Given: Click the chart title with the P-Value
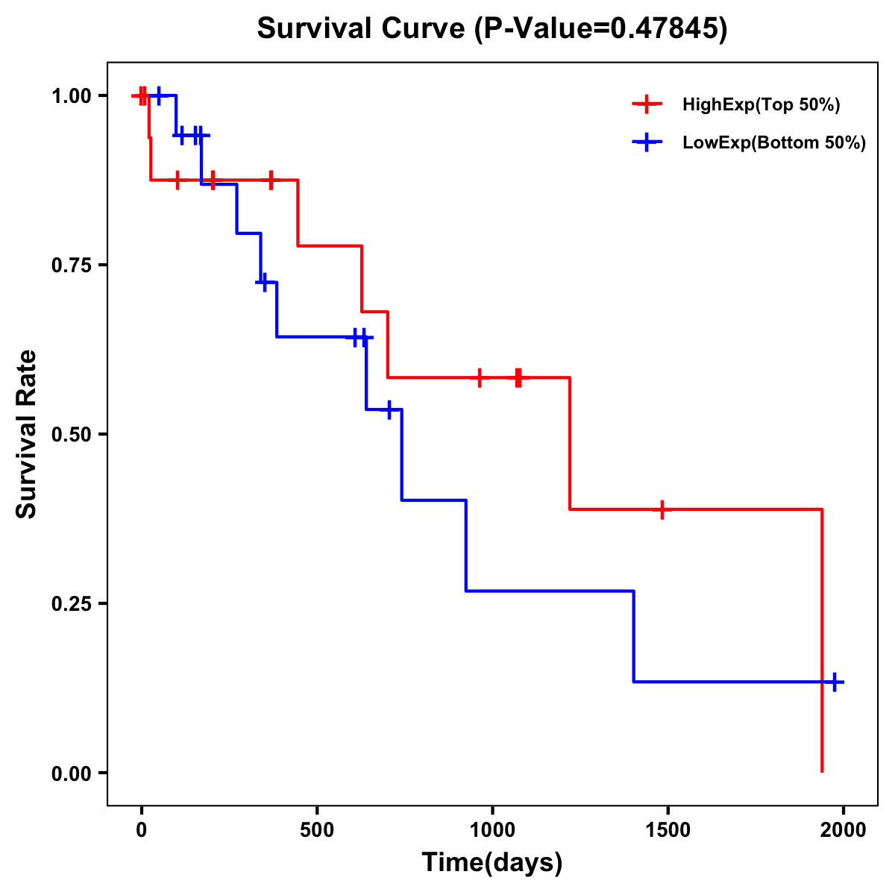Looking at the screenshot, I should tap(492, 28).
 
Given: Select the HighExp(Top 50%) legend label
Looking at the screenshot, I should tap(761, 105).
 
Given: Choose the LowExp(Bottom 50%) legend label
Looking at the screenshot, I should tap(774, 143).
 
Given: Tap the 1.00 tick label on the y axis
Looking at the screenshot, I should tap(71, 96).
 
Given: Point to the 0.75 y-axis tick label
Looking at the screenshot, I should tap(71, 266).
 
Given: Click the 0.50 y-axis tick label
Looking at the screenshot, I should tap(71, 435).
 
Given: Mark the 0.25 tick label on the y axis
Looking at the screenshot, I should tap(71, 604).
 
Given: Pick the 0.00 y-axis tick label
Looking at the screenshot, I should tap(71, 773).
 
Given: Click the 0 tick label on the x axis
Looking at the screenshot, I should tap(141, 830).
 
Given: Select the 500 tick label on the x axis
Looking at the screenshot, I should tap(317, 830).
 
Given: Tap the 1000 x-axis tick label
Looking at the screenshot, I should tap(492, 830).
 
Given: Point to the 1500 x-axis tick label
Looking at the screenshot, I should tap(668, 830).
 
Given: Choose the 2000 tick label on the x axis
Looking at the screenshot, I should tap(844, 830).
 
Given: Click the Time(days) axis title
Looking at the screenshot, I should tap(492, 863).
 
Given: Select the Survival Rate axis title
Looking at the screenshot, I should tap(27, 434).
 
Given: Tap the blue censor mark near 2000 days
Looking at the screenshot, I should tap(835, 682).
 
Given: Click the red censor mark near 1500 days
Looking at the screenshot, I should tap(662, 509).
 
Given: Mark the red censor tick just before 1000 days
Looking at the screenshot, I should tap(480, 377).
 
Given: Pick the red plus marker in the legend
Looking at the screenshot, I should tap(647, 105).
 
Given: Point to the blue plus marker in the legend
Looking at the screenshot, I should tap(647, 143).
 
